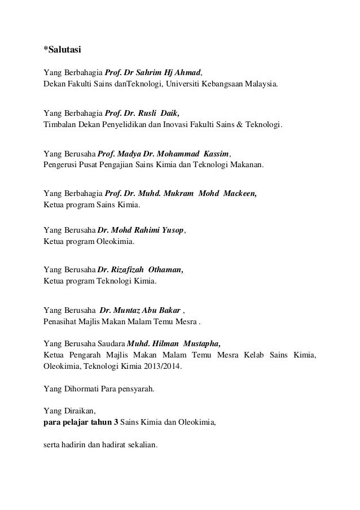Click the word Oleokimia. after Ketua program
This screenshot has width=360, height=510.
[117, 242]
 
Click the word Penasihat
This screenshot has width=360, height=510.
[60, 322]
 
